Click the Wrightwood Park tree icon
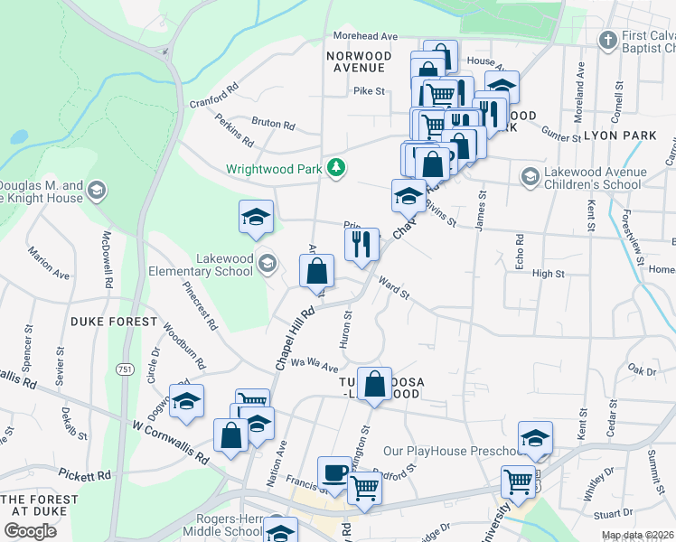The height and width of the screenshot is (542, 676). click(336, 168)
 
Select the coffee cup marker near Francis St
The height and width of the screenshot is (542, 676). click(333, 473)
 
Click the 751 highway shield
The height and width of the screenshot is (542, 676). click(125, 369)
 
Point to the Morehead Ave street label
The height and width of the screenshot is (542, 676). click(365, 36)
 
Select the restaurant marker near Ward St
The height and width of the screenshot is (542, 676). click(361, 244)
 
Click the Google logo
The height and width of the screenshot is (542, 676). click(30, 530)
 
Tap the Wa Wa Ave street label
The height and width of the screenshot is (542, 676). click(314, 365)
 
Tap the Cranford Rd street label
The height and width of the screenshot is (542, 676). click(213, 97)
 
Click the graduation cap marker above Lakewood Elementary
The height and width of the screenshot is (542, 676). click(256, 217)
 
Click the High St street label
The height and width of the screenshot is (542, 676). click(549, 274)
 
